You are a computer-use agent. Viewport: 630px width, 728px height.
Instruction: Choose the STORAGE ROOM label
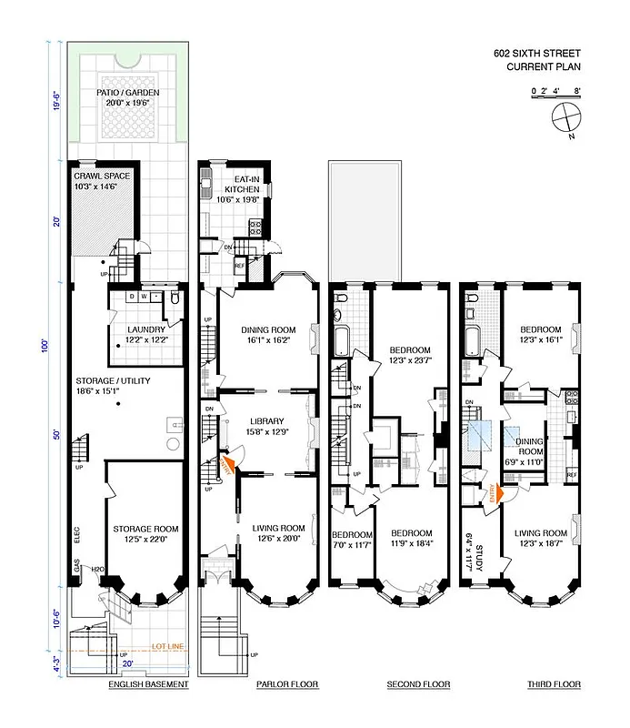(x=145, y=528)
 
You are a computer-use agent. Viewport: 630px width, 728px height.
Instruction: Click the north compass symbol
(x=564, y=120)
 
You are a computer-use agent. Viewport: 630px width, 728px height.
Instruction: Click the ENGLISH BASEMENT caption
(x=148, y=683)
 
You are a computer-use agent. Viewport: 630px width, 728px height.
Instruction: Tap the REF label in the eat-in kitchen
(x=239, y=266)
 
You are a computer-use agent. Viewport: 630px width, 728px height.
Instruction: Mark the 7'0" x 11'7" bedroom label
(x=351, y=539)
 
